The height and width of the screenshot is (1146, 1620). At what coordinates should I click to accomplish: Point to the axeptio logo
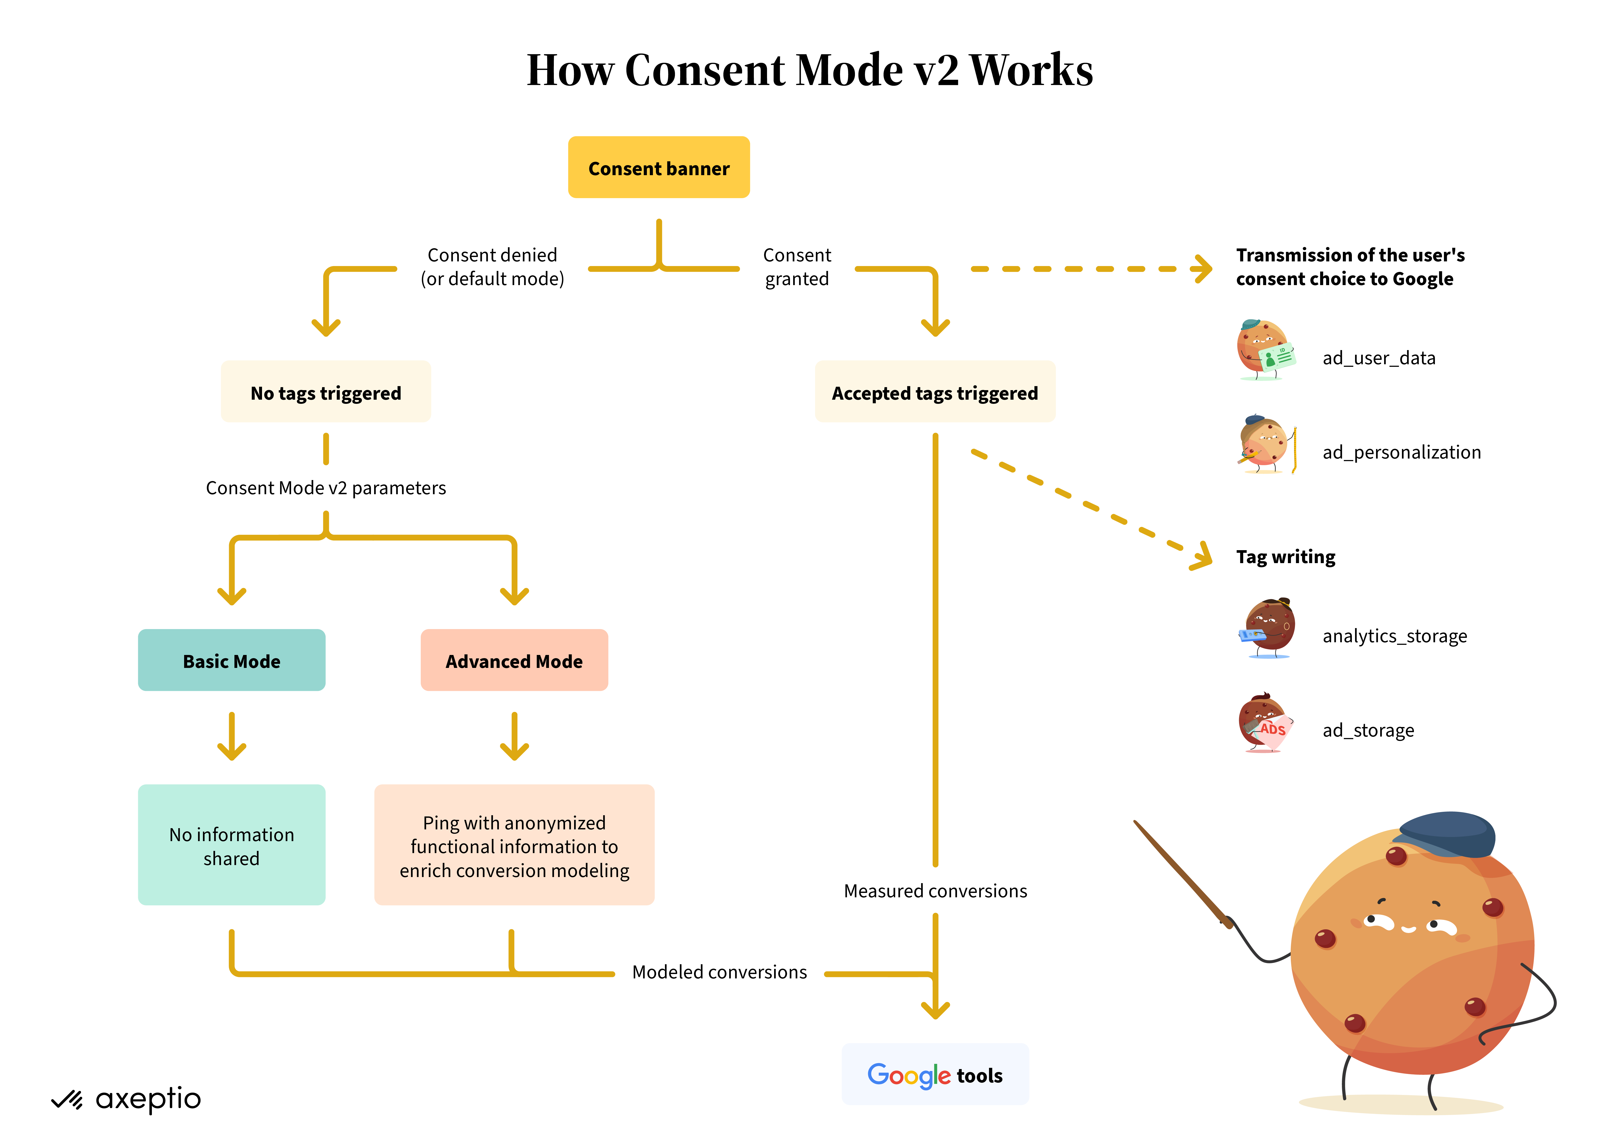[127, 1099]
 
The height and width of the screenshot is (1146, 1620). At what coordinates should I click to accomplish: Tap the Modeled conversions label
[719, 972]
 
